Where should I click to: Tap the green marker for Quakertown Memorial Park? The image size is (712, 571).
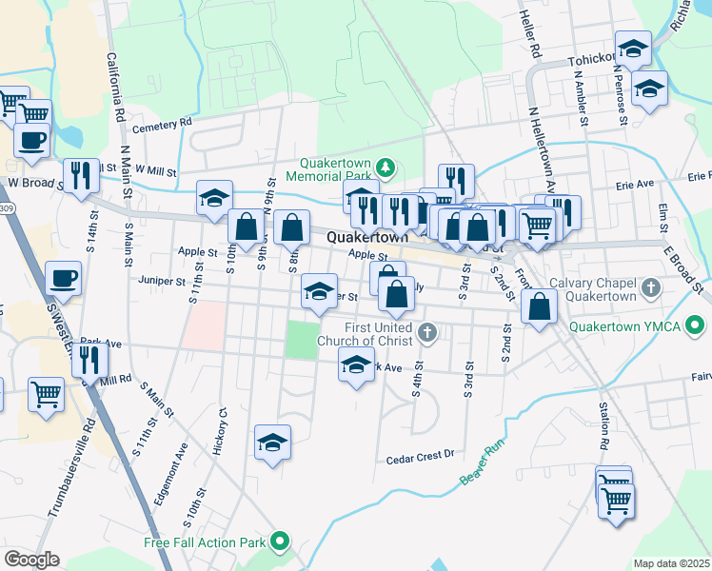coord(386,168)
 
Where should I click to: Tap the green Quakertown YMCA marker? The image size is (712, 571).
coord(696,326)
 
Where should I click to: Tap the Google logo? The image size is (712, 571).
coord(31,560)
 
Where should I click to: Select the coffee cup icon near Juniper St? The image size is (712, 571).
coord(63,279)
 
